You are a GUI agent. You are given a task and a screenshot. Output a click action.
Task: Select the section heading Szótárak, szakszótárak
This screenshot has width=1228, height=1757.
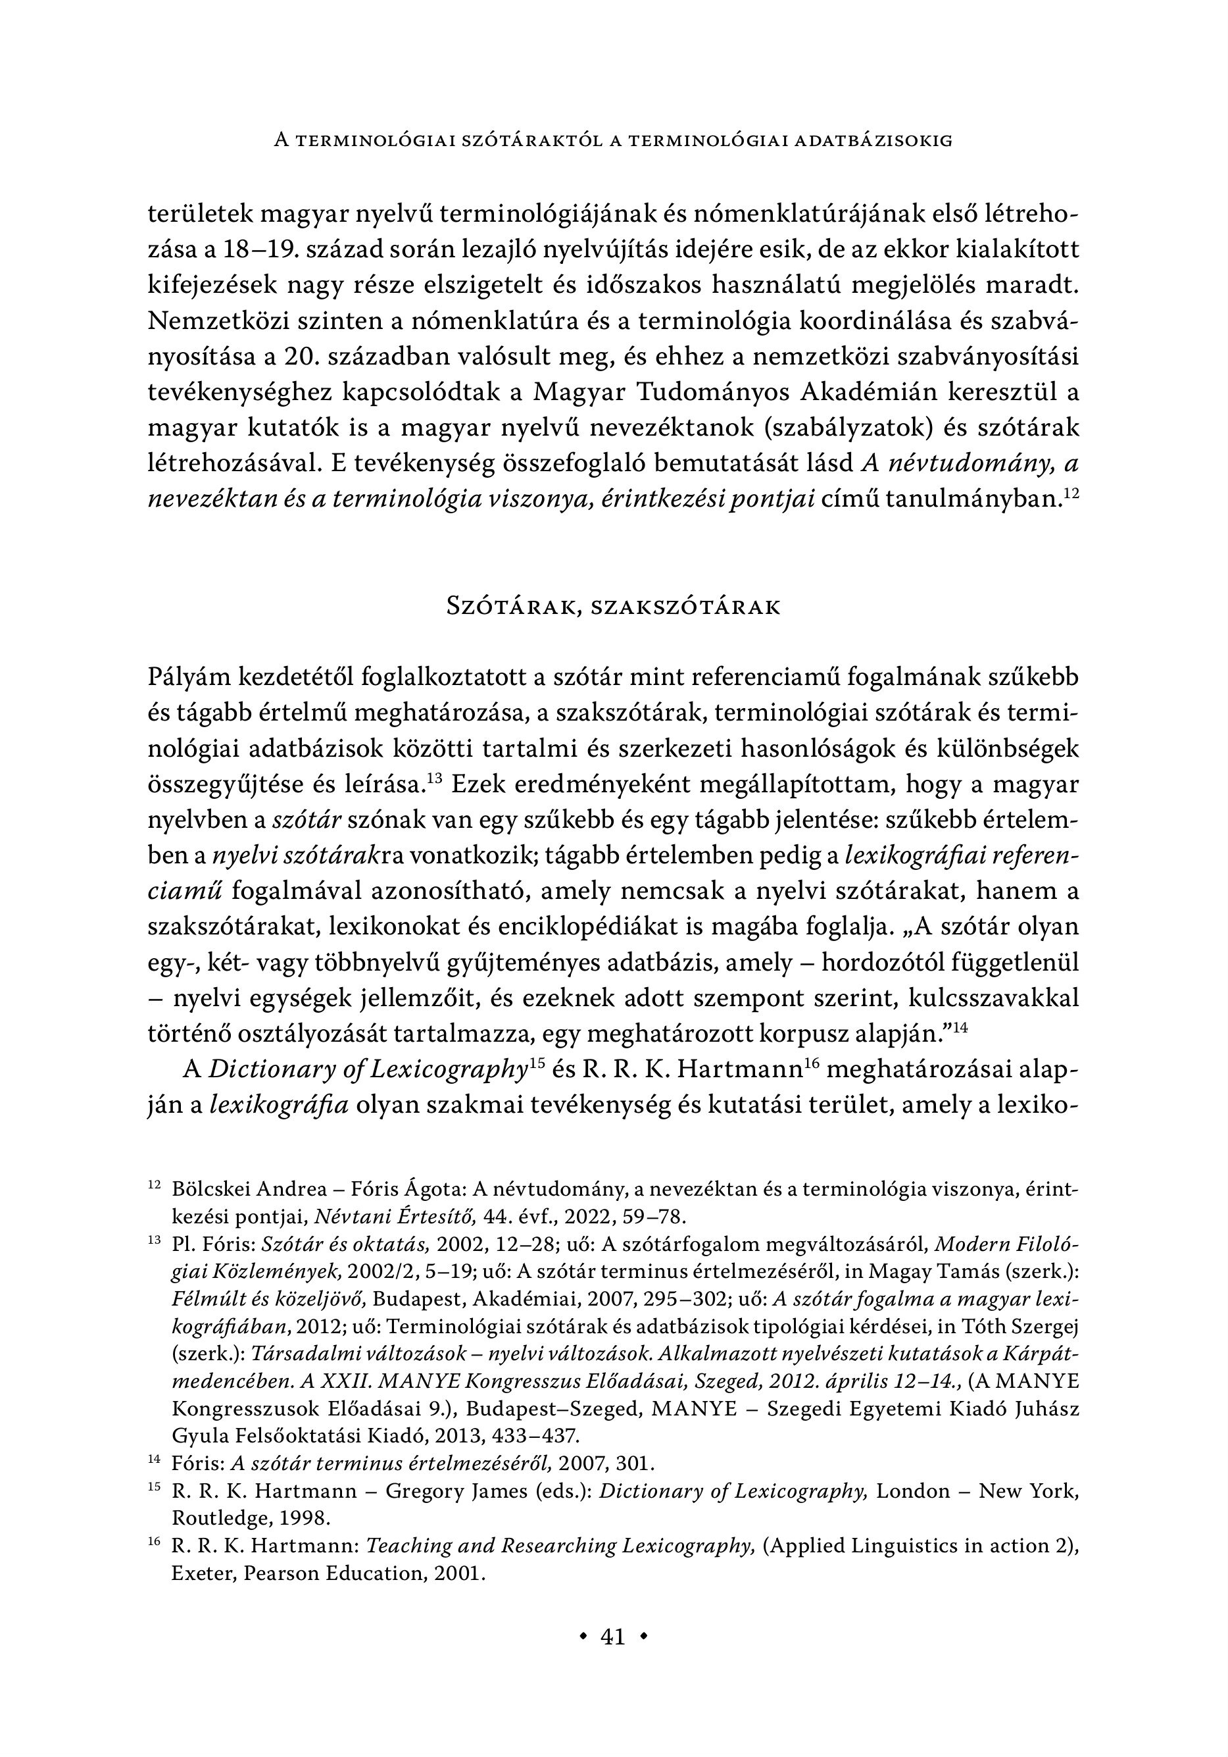[x=613, y=607]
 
